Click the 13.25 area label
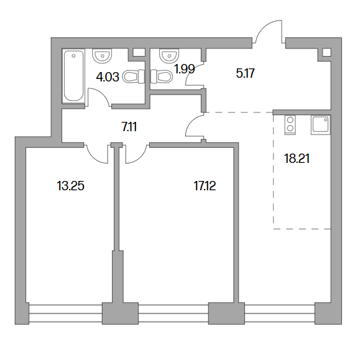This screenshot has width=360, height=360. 70,186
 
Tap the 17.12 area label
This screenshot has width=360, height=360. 205,186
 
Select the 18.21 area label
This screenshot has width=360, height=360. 297,159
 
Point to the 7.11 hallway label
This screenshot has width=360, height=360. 129,127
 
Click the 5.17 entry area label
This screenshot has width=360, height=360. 245,73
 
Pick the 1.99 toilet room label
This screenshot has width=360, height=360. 185,68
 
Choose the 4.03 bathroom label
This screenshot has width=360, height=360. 108,77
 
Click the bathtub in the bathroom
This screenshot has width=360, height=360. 73,76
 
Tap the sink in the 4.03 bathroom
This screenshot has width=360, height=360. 102,55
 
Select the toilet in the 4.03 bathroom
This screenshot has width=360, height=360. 134,76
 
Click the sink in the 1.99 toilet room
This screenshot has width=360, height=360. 169,55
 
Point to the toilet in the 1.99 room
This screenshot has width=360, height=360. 162,76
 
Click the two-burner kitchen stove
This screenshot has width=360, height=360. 290,125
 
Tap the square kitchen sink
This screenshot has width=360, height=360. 320,125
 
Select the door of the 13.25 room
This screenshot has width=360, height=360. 96,154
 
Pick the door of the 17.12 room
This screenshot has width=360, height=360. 136,154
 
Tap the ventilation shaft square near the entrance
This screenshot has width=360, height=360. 326,52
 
